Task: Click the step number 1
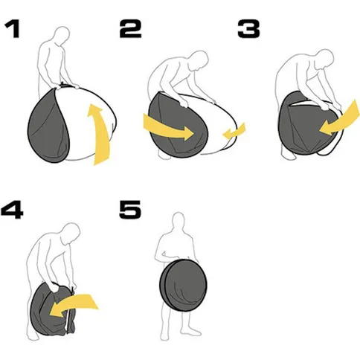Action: (x=13, y=29)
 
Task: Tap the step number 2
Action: (x=130, y=29)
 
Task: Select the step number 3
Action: (x=248, y=29)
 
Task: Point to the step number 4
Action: (x=12, y=210)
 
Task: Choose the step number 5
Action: (x=130, y=210)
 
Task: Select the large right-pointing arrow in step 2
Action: (x=169, y=128)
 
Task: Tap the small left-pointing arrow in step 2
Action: (x=234, y=132)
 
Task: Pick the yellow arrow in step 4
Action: (x=74, y=304)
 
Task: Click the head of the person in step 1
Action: (x=62, y=36)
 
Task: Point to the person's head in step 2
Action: (x=199, y=61)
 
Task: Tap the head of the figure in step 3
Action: (x=324, y=59)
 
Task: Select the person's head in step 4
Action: (x=71, y=233)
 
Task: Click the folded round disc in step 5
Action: (x=183, y=285)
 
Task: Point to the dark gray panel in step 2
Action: (x=177, y=125)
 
